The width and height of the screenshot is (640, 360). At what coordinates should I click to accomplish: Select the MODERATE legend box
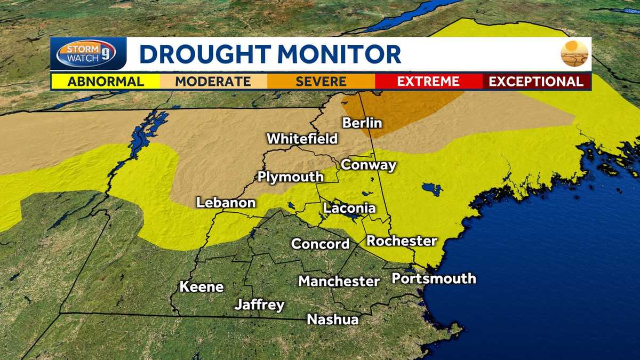point(213,82)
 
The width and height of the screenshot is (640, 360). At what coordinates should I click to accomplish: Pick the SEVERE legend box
point(321,82)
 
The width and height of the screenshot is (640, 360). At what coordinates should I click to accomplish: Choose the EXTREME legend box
point(428,82)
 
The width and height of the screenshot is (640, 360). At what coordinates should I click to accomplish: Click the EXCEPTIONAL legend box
point(536,82)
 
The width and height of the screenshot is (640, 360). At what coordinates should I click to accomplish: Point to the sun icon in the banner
point(574,53)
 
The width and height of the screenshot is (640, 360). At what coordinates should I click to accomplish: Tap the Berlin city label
point(362,123)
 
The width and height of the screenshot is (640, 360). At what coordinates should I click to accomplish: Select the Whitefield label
point(302,139)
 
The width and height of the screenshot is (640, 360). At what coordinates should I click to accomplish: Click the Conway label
point(369,165)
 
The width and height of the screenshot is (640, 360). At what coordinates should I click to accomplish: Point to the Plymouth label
point(290,177)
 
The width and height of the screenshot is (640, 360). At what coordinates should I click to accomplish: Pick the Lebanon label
point(226,203)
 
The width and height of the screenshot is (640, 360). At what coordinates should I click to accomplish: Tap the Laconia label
point(349,209)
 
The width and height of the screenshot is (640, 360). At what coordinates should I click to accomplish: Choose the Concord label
point(320,244)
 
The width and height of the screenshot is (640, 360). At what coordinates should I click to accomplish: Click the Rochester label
point(402,241)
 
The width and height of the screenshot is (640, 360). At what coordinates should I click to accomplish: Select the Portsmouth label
point(434,278)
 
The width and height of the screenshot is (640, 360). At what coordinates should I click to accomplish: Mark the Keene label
point(201,287)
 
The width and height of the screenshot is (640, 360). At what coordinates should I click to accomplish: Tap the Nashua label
point(332,319)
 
